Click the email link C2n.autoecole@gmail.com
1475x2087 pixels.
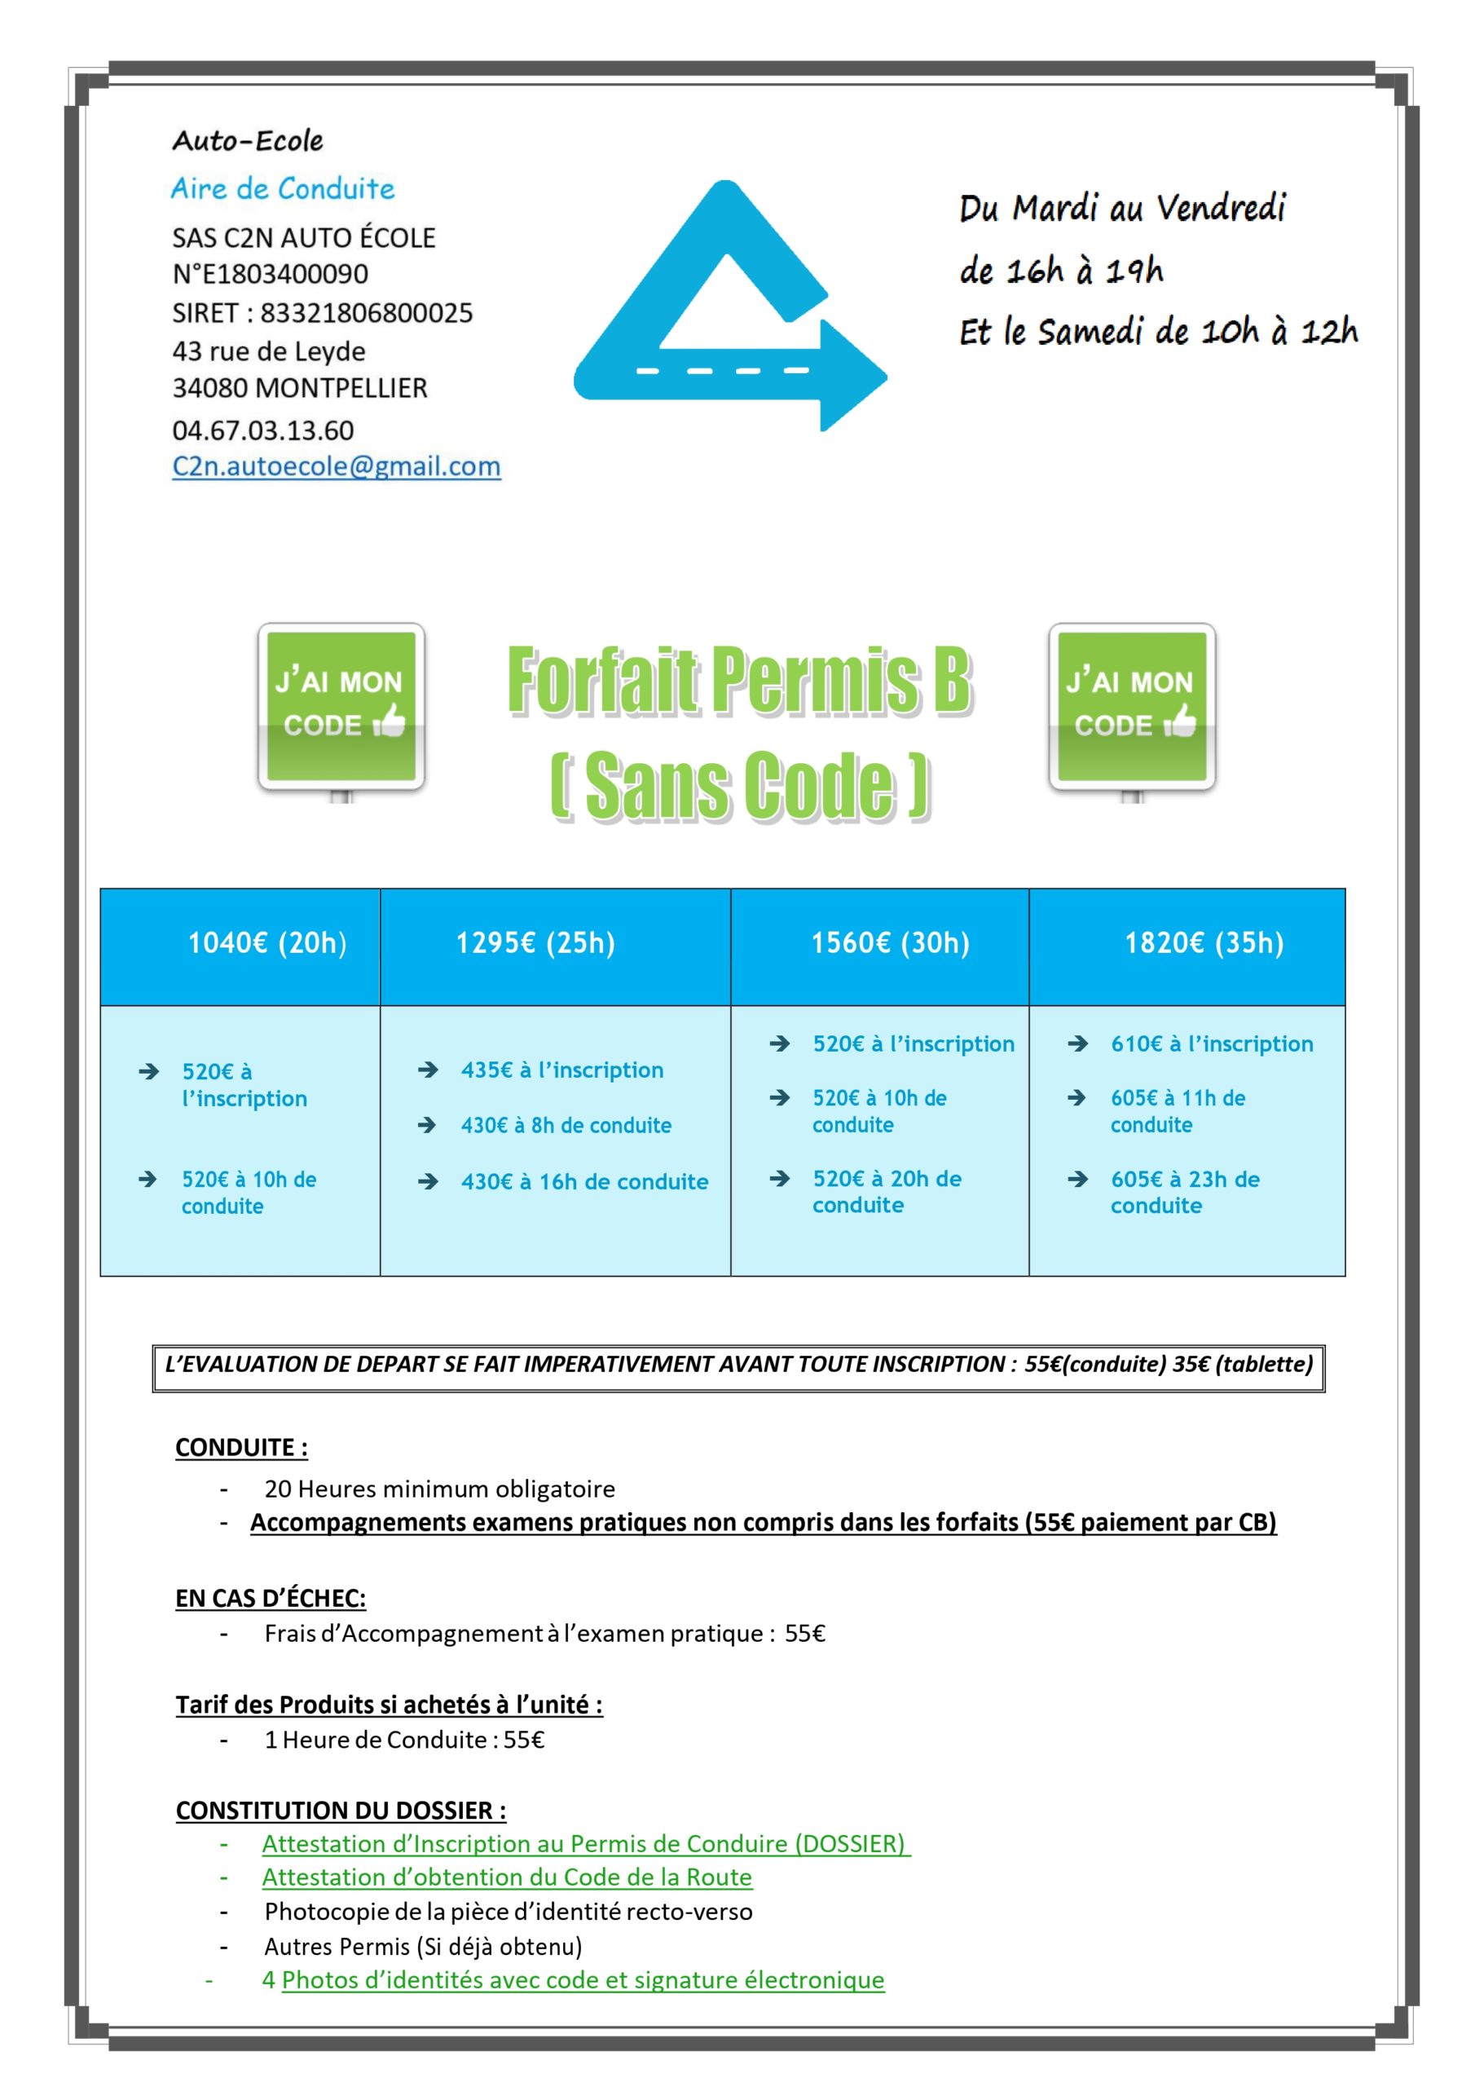click(x=337, y=466)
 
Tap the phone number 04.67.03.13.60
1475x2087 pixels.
click(x=262, y=430)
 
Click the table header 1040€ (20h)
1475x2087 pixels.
click(x=267, y=942)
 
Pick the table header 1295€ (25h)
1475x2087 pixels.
click(x=535, y=942)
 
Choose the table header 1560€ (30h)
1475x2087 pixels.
click(x=890, y=942)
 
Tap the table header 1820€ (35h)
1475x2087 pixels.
click(x=1204, y=942)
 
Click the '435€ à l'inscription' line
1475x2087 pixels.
click(x=561, y=1070)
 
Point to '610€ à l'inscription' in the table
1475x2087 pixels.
click(x=1212, y=1043)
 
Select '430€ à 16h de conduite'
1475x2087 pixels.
click(x=583, y=1181)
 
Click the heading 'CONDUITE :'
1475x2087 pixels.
click(x=241, y=1447)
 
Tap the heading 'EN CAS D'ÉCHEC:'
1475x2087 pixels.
click(x=270, y=1598)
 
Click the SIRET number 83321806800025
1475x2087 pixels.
click(x=366, y=313)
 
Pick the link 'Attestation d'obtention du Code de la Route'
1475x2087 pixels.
click(x=507, y=1877)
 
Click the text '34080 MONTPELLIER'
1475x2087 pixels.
click(x=300, y=388)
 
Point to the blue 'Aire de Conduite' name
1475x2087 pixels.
click(x=283, y=189)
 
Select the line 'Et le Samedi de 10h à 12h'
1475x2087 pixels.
click(x=1158, y=332)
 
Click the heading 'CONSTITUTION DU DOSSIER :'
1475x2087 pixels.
click(x=341, y=1811)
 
